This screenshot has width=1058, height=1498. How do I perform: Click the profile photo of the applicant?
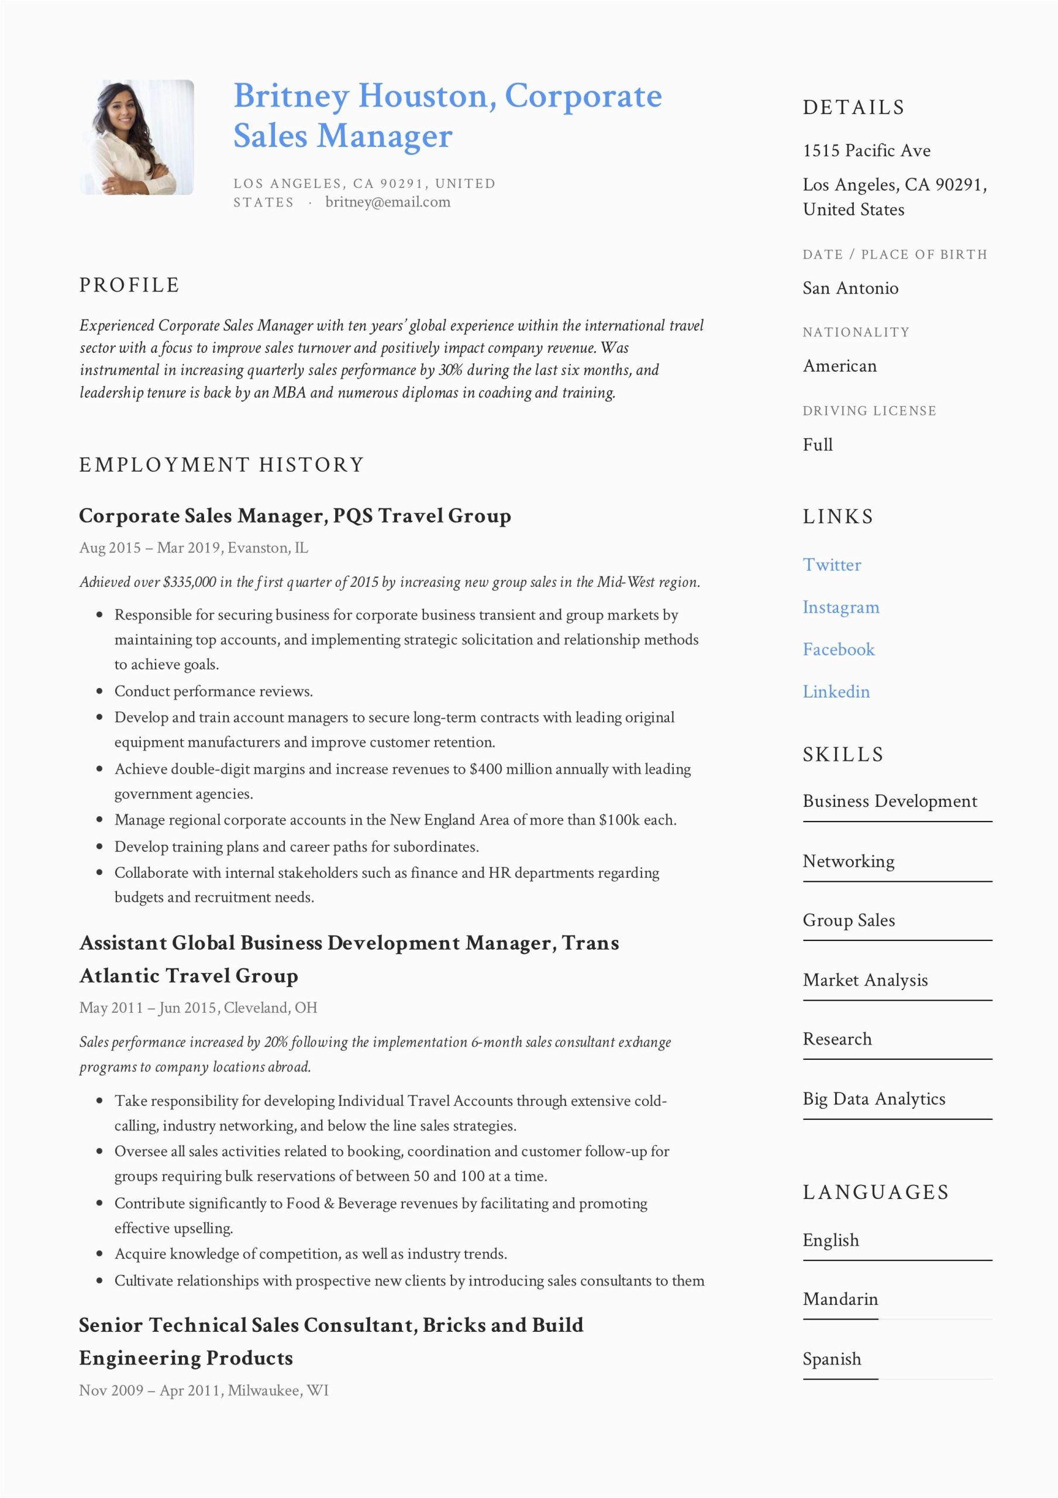coord(136,137)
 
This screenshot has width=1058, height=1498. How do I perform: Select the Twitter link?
coord(832,565)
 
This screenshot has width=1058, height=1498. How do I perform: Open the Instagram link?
coord(841,607)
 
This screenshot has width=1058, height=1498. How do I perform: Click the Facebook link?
coord(838,650)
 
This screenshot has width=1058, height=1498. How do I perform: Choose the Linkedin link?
coord(836,692)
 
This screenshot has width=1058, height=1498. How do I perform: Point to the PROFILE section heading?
coord(129,285)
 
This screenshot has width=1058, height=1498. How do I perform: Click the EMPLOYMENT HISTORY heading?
coord(221,465)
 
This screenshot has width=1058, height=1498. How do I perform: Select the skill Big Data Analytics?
coord(873,1099)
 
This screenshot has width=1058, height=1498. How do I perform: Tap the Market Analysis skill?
coord(865,980)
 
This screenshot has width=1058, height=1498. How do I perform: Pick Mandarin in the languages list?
coord(840,1299)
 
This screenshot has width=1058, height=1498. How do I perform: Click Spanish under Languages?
coord(832,1359)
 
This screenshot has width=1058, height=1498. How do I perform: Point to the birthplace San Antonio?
coord(850,288)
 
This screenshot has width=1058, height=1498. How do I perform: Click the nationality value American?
coord(839,366)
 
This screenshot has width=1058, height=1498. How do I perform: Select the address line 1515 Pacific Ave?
coord(866,151)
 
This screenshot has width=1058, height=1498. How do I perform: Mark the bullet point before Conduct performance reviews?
coord(100,692)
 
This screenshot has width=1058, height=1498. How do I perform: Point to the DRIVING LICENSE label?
coord(869,411)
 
